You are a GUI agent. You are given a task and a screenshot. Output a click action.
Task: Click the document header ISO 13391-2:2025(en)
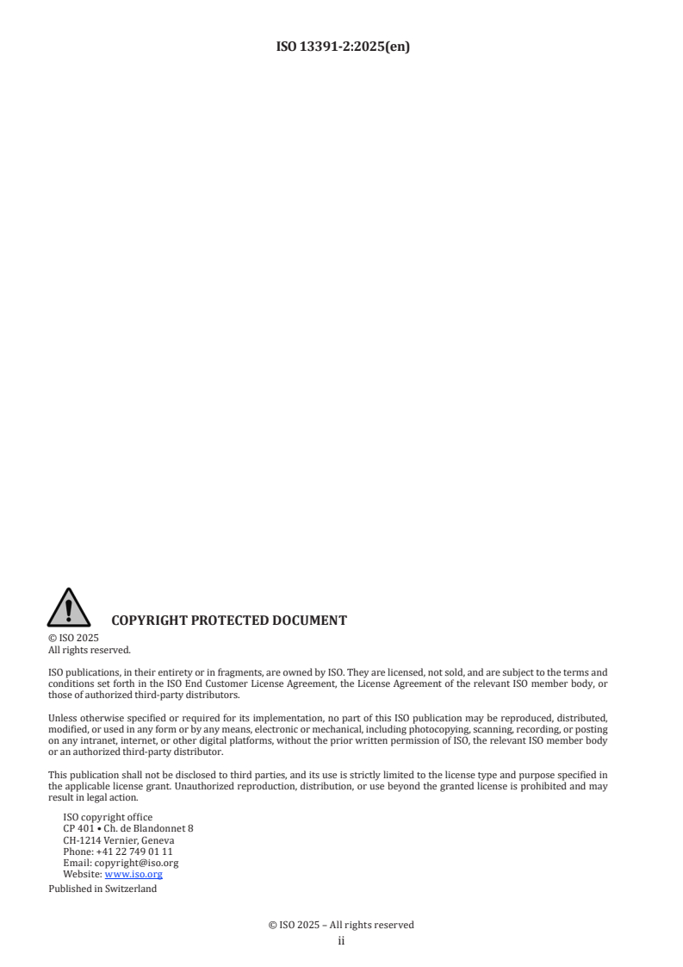(x=341, y=47)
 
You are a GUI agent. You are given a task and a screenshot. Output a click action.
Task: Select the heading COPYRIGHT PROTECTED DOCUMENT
(x=229, y=620)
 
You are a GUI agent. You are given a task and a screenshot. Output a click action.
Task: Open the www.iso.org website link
(x=133, y=873)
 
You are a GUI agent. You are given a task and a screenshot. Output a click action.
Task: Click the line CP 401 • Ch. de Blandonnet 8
(x=128, y=828)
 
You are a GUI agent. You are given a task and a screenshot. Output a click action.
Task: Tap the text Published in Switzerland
(x=102, y=889)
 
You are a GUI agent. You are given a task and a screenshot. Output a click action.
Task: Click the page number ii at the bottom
(x=341, y=941)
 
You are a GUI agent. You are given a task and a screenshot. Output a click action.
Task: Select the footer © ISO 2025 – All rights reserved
(x=341, y=925)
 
